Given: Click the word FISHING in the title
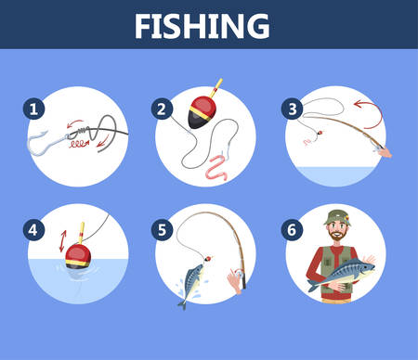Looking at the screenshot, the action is [202, 26].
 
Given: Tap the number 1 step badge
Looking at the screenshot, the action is [33, 109].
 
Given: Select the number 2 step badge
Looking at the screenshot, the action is [162, 109].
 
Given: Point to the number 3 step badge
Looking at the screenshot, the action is [292, 109].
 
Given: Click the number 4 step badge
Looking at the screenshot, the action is [33, 230].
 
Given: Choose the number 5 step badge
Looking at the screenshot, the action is [162, 230].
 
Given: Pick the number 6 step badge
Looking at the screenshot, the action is [292, 230].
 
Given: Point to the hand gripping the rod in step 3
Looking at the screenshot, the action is [385, 152].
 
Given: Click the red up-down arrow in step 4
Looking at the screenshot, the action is [63, 241].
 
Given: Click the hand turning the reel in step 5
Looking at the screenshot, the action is [235, 281].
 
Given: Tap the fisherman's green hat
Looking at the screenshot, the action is [337, 218].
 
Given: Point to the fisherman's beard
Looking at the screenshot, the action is [337, 236].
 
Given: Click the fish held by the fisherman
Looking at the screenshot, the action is [341, 275].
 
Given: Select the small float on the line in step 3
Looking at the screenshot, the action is [320, 134].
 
